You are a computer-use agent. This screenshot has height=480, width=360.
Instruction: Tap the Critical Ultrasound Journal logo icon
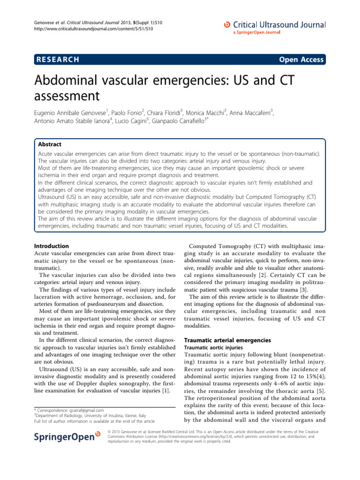[227, 24]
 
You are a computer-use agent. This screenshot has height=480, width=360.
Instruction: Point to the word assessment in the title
[67, 96]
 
